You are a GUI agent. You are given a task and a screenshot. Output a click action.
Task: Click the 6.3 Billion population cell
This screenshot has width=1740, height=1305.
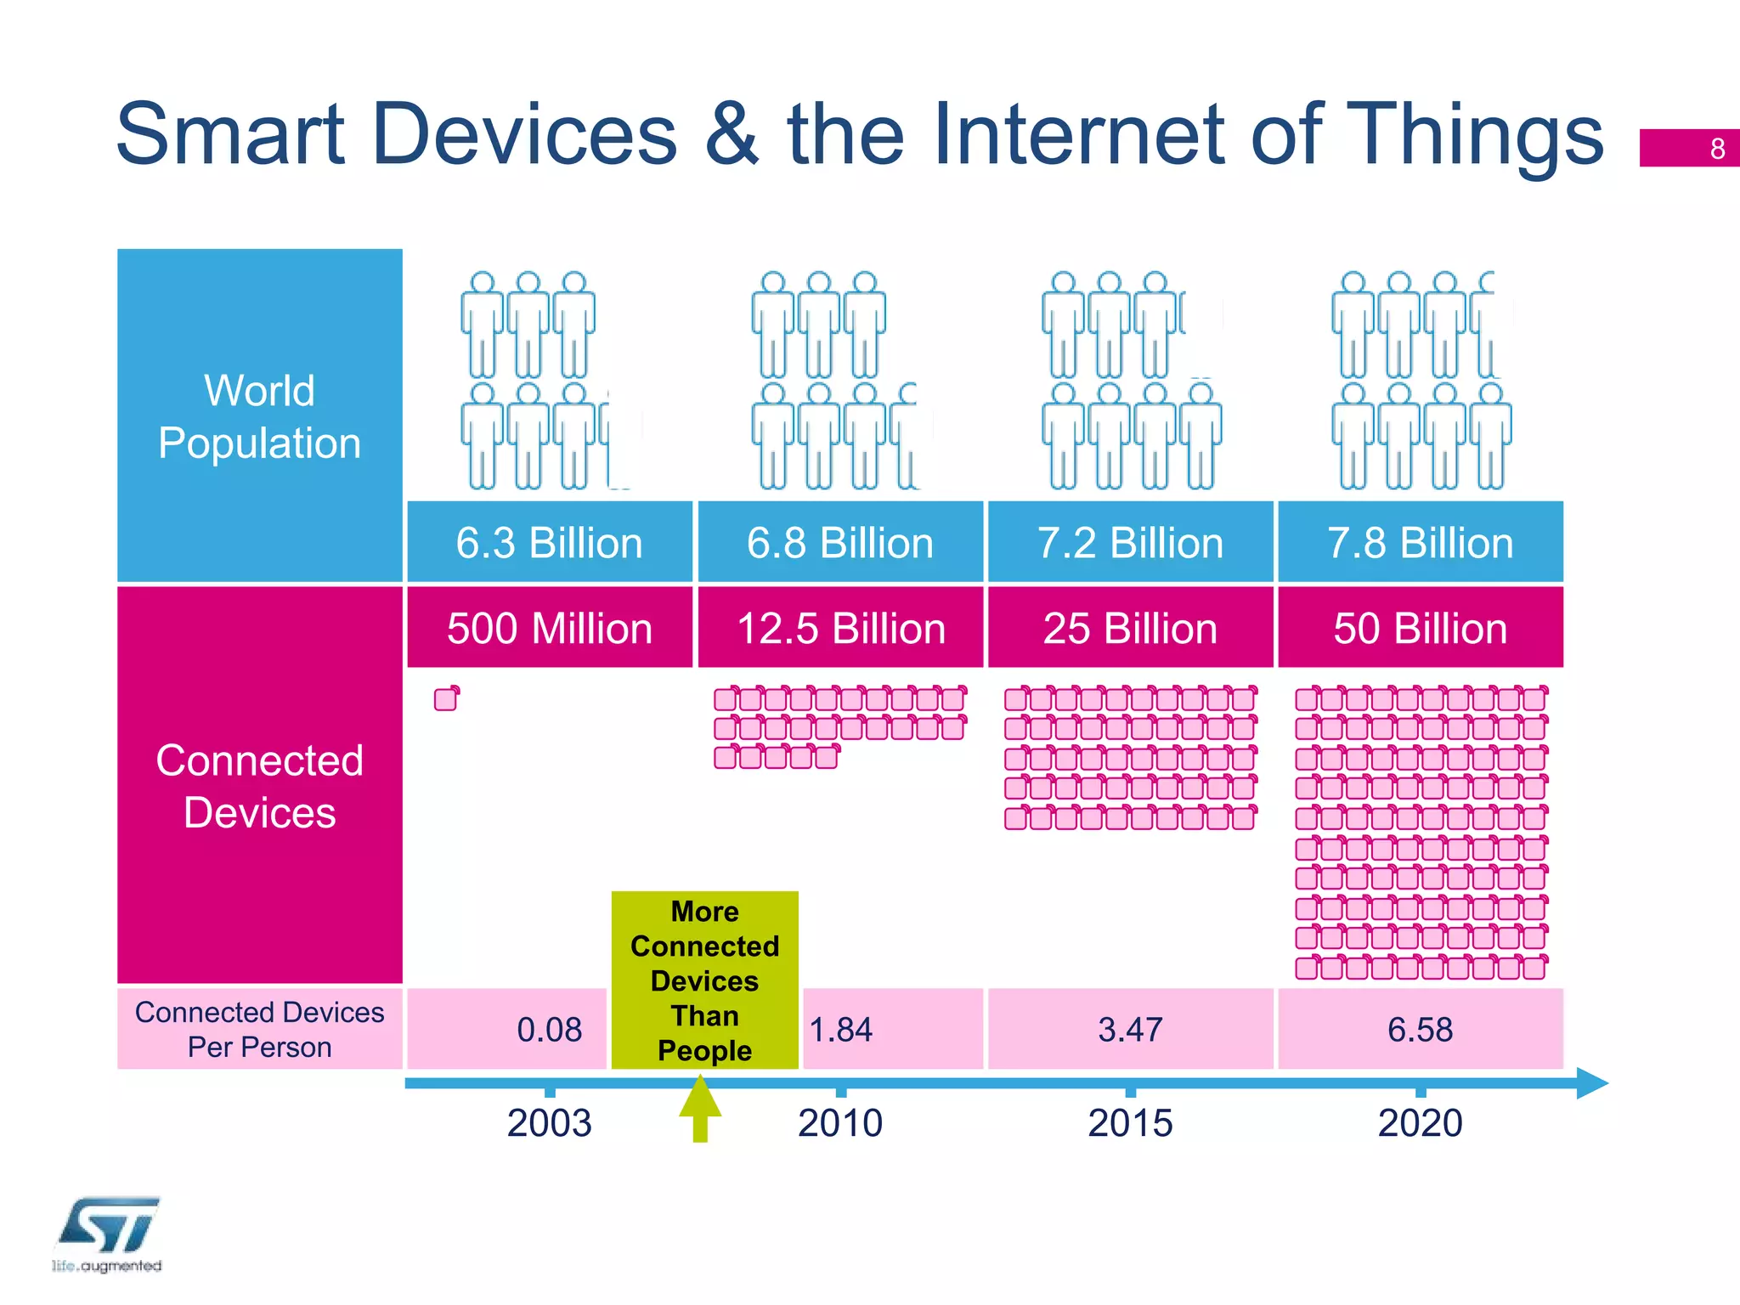pyautogui.click(x=550, y=542)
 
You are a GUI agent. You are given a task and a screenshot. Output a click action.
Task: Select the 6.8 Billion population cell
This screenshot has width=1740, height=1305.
pyautogui.click(x=839, y=542)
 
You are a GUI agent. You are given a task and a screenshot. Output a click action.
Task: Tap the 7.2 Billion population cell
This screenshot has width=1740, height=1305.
pyautogui.click(x=1130, y=542)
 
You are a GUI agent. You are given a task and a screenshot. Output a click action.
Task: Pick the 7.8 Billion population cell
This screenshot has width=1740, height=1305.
pyautogui.click(x=1421, y=542)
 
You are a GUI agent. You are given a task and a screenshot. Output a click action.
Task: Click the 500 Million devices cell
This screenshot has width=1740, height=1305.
pyautogui.click(x=550, y=628)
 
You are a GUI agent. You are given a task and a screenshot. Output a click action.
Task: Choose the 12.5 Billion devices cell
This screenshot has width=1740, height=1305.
pyautogui.click(x=839, y=628)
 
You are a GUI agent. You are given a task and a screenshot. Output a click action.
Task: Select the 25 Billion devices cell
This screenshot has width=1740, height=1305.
pyautogui.click(x=1130, y=628)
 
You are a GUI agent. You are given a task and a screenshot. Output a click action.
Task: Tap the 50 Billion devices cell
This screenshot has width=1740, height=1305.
pyautogui.click(x=1421, y=628)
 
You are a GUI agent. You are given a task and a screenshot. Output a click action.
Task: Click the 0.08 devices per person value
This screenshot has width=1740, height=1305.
pyautogui.click(x=550, y=1030)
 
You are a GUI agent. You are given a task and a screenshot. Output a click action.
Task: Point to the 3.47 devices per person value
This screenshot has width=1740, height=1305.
pyautogui.click(x=1130, y=1030)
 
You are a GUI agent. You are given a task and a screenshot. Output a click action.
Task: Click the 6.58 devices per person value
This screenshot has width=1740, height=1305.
pyautogui.click(x=1421, y=1030)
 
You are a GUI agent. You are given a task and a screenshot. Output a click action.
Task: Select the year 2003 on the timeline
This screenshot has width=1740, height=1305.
pyautogui.click(x=550, y=1123)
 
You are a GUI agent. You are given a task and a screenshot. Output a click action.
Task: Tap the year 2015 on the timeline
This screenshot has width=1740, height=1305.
pyautogui.click(x=1130, y=1123)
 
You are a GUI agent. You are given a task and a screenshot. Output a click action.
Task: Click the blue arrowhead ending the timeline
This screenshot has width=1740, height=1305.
pyautogui.click(x=1590, y=1083)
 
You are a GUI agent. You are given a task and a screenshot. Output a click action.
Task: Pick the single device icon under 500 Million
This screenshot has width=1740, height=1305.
pyautogui.click(x=447, y=698)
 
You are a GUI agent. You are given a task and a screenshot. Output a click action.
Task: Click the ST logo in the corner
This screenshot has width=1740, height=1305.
pyautogui.click(x=108, y=1228)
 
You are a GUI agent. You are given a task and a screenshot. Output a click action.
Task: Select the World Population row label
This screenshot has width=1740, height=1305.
pyautogui.click(x=260, y=416)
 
